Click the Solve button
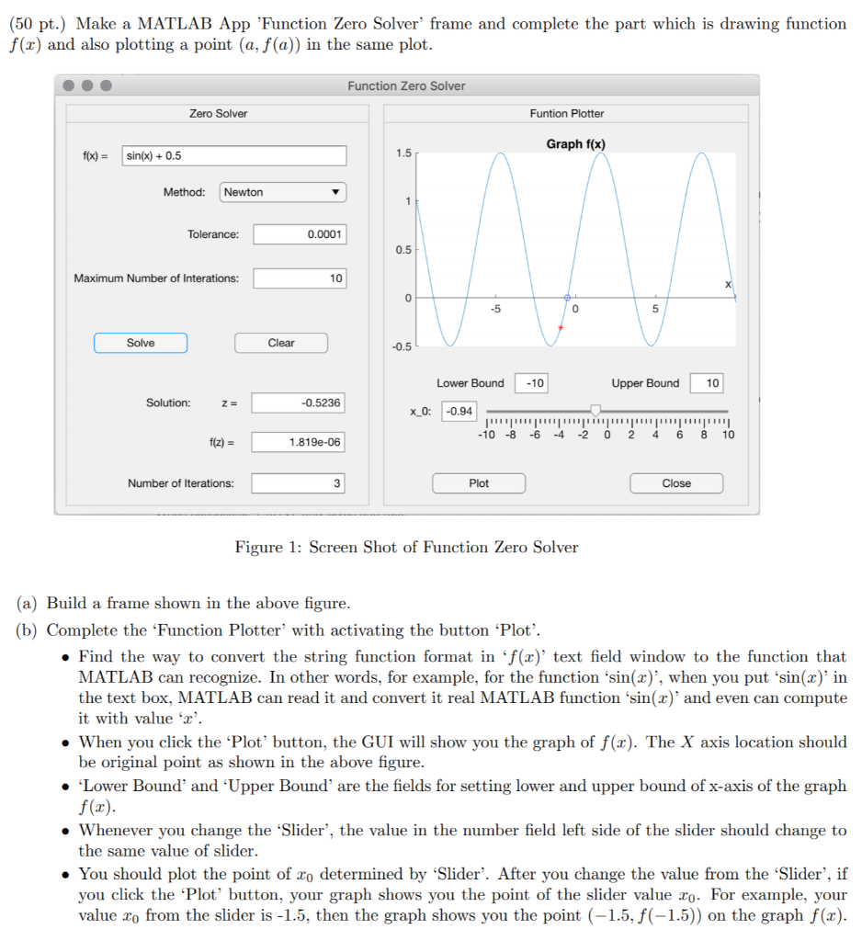[141, 343]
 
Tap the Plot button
[479, 483]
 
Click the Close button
[676, 483]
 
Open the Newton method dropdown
[283, 192]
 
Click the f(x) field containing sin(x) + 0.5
[234, 155]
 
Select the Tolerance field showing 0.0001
[300, 234]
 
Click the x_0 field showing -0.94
[459, 411]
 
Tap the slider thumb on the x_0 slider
[595, 410]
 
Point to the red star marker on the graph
[561, 328]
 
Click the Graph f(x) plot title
[575, 144]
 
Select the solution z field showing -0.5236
[300, 402]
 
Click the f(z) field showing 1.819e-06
[300, 442]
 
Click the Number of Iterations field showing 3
[300, 483]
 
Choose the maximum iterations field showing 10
[300, 278]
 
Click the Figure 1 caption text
[406, 548]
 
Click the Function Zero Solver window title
[406, 85]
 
